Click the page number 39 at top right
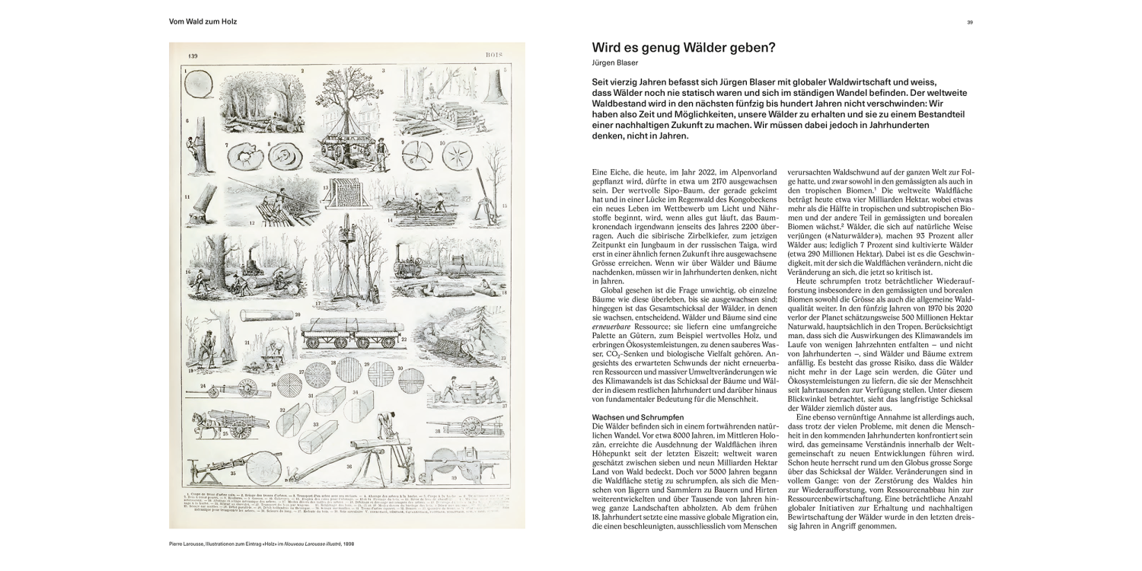(970, 22)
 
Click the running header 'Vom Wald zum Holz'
(203, 22)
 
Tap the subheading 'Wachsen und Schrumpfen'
(636, 417)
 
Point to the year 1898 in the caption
(347, 544)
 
